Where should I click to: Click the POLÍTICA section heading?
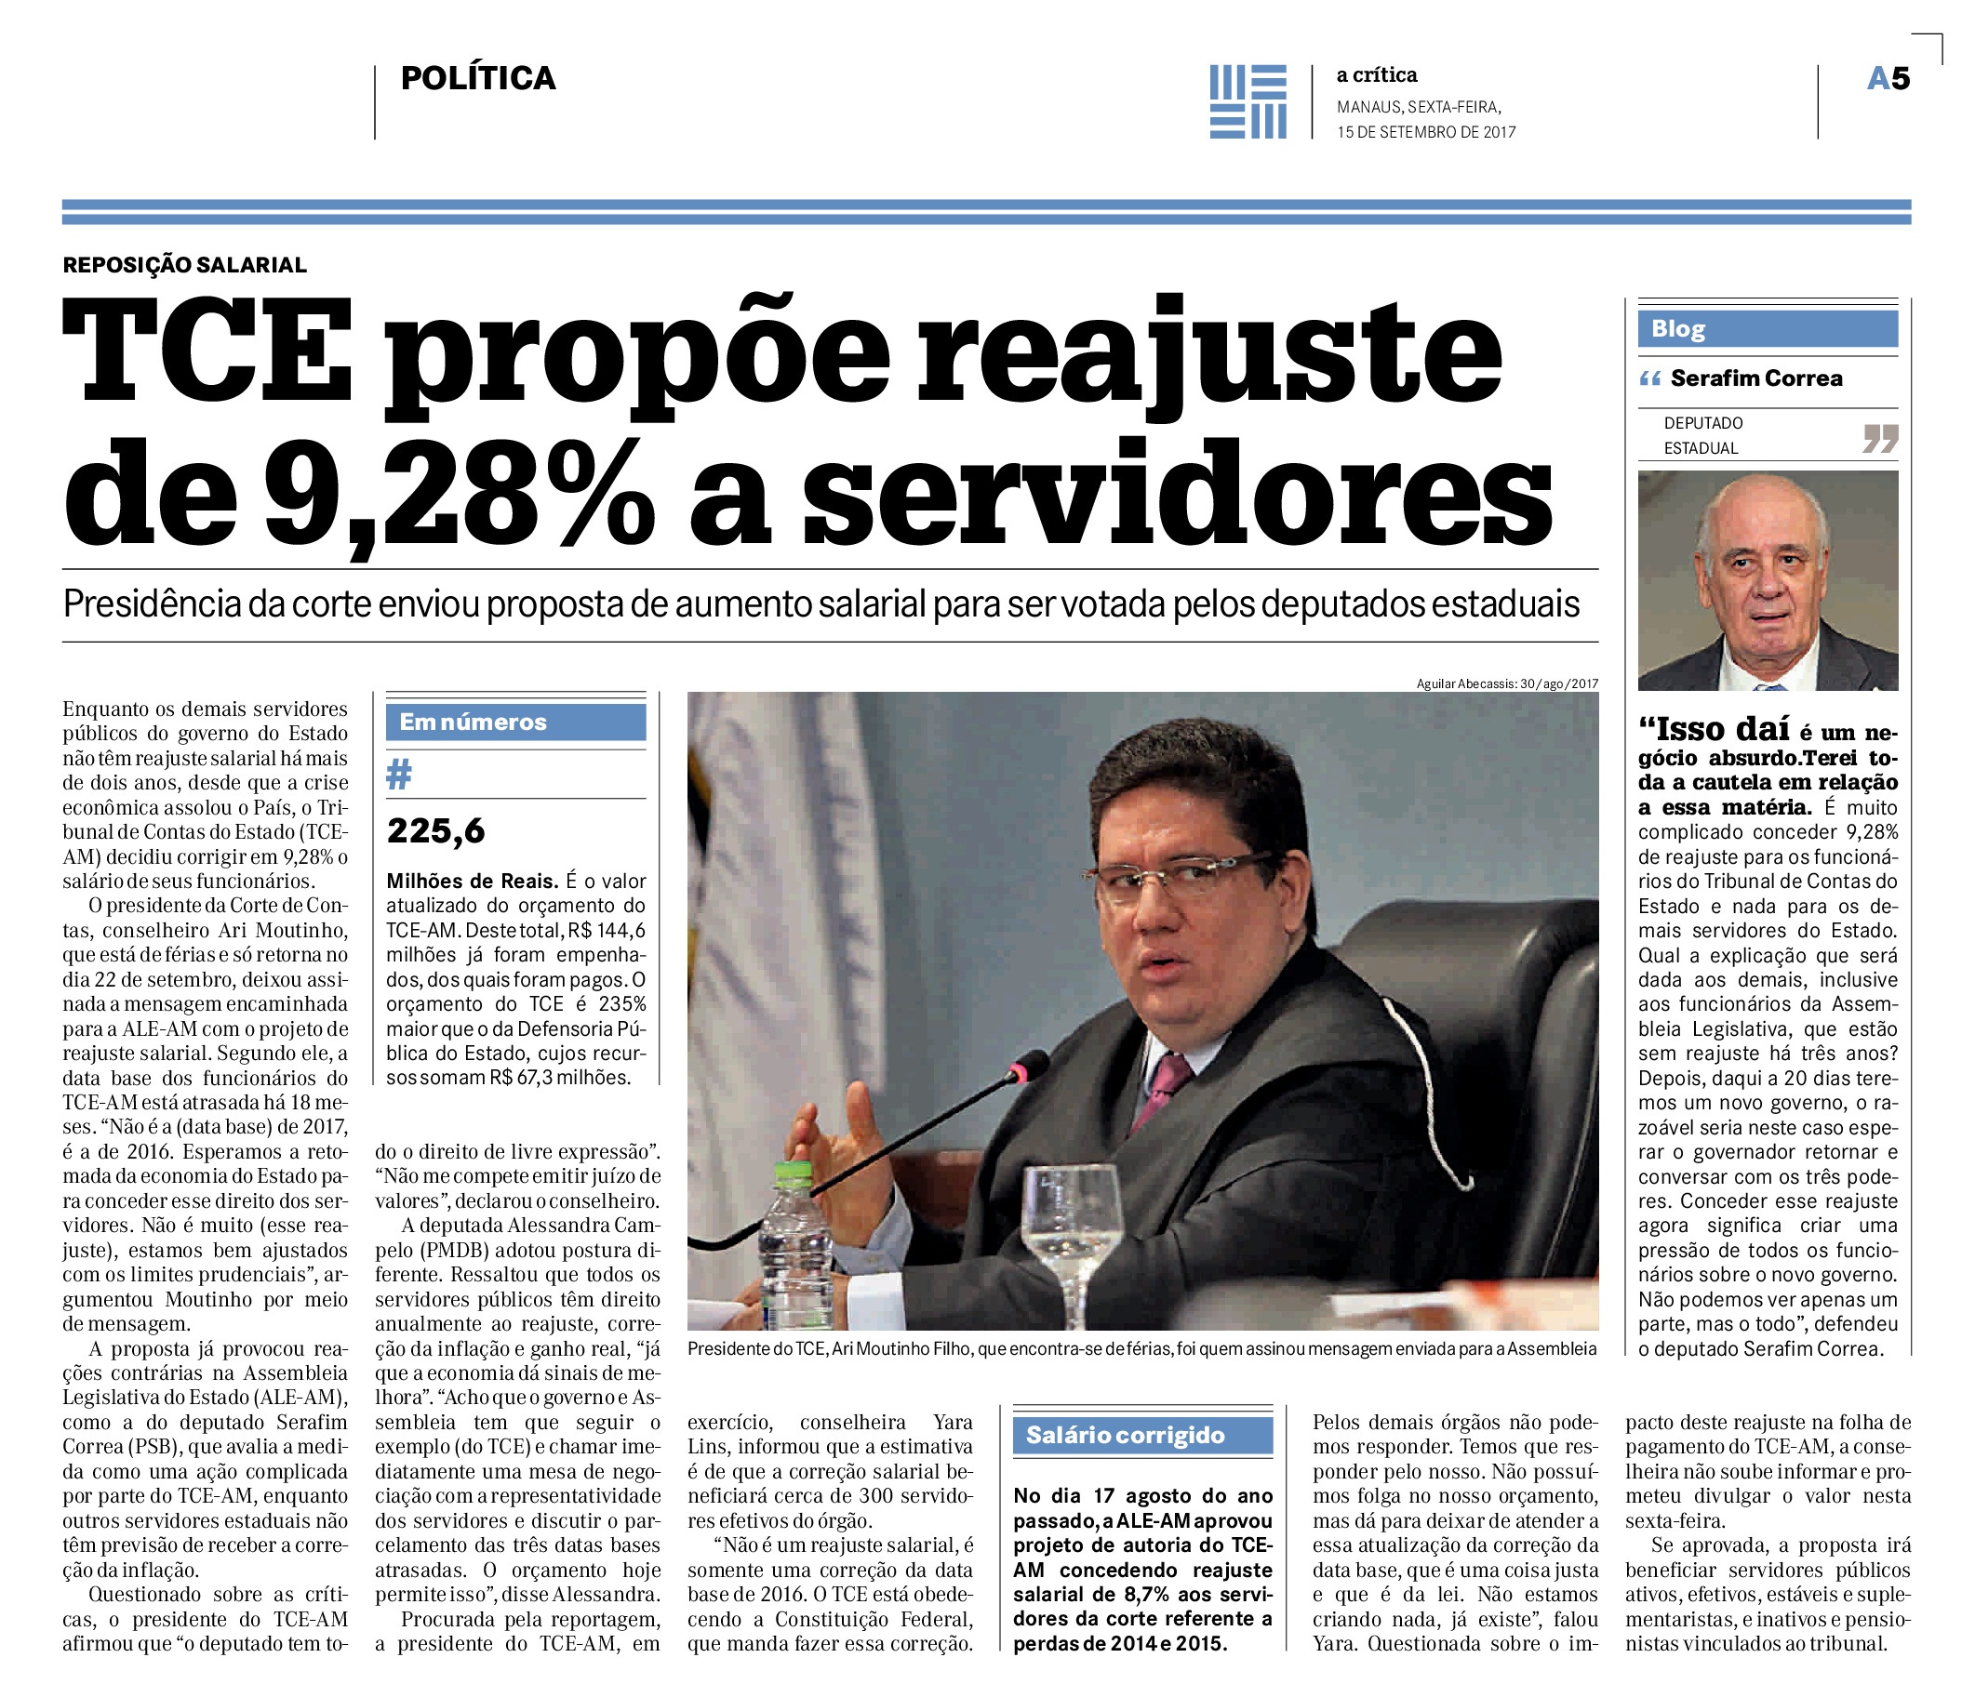pyautogui.click(x=477, y=78)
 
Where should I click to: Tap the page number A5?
pyautogui.click(x=1888, y=78)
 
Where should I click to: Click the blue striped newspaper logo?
pyautogui.click(x=1248, y=102)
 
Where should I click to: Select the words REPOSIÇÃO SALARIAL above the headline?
pyautogui.click(x=185, y=265)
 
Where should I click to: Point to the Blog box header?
pyautogui.click(x=1768, y=329)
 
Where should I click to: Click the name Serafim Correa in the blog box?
pyautogui.click(x=1755, y=378)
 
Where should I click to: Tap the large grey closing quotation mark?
pyautogui.click(x=1880, y=439)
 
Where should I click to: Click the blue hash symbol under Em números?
pyautogui.click(x=398, y=775)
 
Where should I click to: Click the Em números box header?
pyautogui.click(x=515, y=723)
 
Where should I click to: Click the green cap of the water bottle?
pyautogui.click(x=793, y=1173)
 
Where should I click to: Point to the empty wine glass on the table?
pyautogui.click(x=1072, y=1229)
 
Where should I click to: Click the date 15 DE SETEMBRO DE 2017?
pyautogui.click(x=1426, y=132)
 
